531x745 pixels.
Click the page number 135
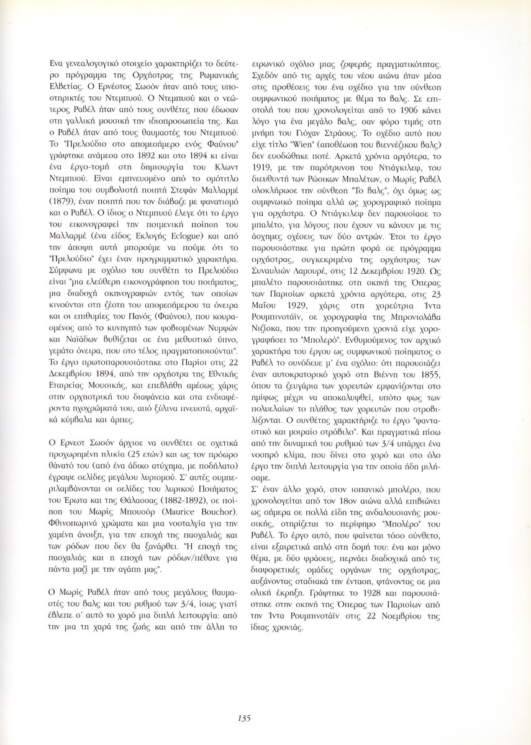point(243,718)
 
